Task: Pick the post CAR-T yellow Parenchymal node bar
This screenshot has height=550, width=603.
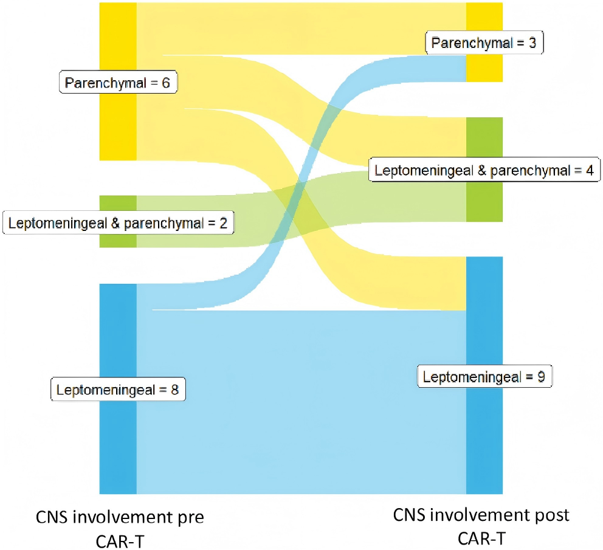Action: point(484,67)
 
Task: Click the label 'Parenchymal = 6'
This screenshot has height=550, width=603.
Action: point(117,83)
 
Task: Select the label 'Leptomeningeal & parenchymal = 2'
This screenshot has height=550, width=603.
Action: point(118,222)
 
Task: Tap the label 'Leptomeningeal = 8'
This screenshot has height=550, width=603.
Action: point(117,390)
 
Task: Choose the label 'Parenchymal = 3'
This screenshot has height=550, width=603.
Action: point(475,43)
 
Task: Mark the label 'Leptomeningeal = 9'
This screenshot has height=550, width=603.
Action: point(484,377)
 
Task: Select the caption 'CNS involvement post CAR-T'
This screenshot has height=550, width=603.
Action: point(481,526)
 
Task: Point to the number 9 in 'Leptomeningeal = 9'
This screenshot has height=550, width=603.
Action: point(540,377)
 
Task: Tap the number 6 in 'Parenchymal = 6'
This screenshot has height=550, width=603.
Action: point(165,83)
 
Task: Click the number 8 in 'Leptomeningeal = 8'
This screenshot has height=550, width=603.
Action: point(174,390)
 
